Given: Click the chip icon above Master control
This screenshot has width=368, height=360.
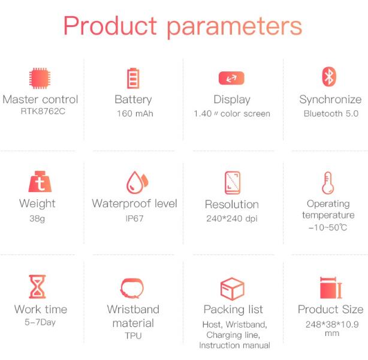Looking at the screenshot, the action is pos(40,78).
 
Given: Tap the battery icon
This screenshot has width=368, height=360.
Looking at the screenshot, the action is pos(133,78).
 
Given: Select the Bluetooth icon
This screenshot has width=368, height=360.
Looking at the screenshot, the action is pos(329,77).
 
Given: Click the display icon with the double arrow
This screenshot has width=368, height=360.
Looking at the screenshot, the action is pos(231,78).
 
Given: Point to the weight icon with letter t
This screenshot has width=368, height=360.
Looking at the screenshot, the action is pos(40,181).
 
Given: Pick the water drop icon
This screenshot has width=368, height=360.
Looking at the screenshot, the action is pos(137,182).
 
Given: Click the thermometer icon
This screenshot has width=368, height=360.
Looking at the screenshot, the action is pos(328,183).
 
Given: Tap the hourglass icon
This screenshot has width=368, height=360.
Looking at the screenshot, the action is pos(37,286).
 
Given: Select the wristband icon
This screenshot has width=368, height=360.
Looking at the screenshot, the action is pos(132,288).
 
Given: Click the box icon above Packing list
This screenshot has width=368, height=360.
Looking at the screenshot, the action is pos(233,289).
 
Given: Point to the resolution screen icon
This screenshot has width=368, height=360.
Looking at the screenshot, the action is pos(233,183).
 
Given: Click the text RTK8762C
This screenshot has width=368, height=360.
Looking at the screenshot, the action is pos(43,111).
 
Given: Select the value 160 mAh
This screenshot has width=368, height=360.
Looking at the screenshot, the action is pos(135,114).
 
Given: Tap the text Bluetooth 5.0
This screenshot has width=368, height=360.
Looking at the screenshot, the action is pos(331,114).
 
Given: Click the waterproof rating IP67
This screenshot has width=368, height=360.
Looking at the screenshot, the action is pos(134,218).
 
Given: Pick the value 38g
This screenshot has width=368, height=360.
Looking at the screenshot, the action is pos(37,219).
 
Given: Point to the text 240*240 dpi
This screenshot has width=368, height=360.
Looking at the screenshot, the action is pos(232,218).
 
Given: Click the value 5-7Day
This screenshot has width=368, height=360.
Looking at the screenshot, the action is pos(40,322).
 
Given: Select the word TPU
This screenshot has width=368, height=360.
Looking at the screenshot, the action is pos(133,335).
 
